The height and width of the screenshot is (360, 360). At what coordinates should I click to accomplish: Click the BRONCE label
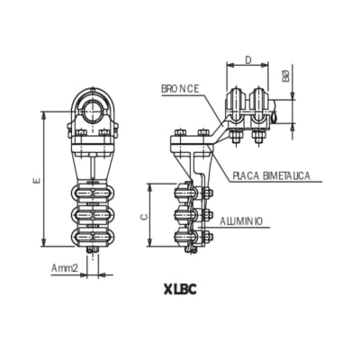tap(180, 89)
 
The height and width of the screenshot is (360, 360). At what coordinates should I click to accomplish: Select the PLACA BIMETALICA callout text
tap(270, 175)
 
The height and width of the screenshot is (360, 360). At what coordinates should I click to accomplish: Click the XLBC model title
tap(180, 290)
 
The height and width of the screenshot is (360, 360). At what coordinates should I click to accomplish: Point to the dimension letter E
tap(35, 181)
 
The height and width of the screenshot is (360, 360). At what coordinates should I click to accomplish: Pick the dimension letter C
tap(144, 216)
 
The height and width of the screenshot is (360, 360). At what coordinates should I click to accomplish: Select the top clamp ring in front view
tap(93, 194)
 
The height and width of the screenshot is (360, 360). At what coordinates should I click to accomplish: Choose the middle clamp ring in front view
tap(93, 216)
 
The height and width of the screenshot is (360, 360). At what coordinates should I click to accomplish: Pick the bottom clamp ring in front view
tap(93, 238)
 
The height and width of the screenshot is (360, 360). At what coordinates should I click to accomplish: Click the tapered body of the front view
tap(93, 162)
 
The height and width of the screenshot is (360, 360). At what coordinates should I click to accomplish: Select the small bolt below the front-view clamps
tap(93, 253)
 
